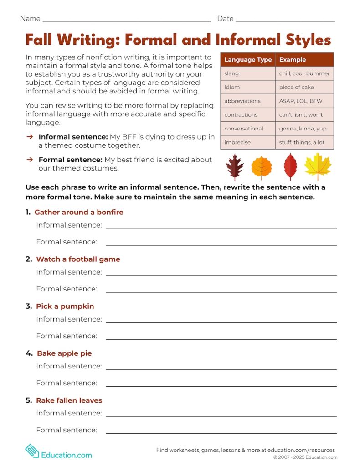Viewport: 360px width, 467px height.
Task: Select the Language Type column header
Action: click(x=248, y=60)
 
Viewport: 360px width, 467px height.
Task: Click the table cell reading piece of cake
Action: click(x=297, y=87)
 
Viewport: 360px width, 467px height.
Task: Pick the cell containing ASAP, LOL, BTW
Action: click(x=300, y=101)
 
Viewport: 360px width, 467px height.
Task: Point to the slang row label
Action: click(x=231, y=73)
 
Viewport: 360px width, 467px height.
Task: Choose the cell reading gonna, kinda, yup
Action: click(x=303, y=129)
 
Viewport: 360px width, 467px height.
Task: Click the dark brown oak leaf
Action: click(x=235, y=167)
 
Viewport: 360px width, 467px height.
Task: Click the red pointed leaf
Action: click(x=290, y=167)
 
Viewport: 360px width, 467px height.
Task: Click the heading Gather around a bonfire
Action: click(x=79, y=212)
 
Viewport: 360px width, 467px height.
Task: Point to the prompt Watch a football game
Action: click(x=78, y=259)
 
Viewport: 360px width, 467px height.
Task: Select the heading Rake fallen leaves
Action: click(x=69, y=400)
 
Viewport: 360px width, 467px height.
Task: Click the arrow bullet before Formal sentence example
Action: click(x=30, y=160)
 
